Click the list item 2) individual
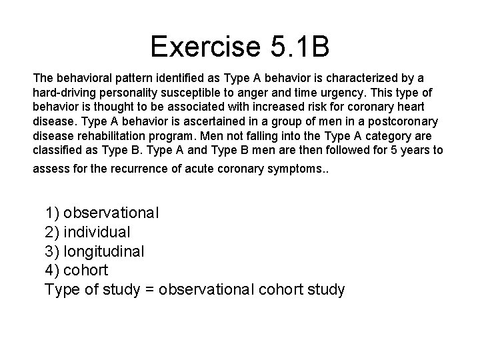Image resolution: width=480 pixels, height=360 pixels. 87,232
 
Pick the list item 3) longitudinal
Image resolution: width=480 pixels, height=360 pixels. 95,251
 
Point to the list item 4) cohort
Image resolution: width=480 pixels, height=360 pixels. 76,271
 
